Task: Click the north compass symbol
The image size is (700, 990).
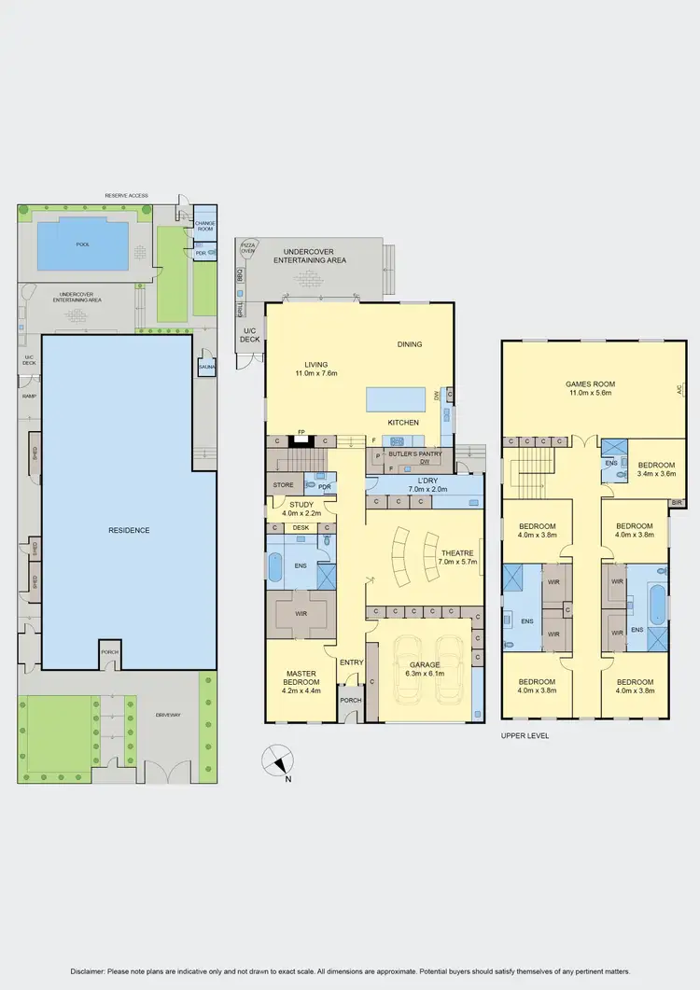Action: (x=277, y=761)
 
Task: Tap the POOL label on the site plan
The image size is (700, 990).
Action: (x=83, y=244)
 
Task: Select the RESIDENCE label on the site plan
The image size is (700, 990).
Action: (x=129, y=530)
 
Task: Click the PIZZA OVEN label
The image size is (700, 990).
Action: (x=248, y=248)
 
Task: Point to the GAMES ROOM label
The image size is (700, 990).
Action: (x=590, y=383)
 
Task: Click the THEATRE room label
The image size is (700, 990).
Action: (x=457, y=552)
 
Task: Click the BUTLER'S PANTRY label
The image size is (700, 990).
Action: (x=415, y=453)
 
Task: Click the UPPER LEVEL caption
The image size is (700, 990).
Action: (x=525, y=735)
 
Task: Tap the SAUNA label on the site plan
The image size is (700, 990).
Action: (x=206, y=367)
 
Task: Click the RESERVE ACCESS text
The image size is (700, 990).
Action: (x=127, y=195)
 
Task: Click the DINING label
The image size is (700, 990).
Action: (x=410, y=344)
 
